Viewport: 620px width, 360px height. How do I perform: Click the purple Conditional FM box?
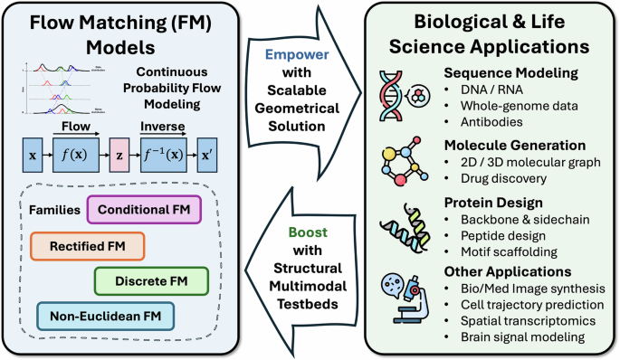(x=143, y=210)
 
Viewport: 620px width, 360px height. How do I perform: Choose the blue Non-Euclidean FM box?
(x=104, y=316)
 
